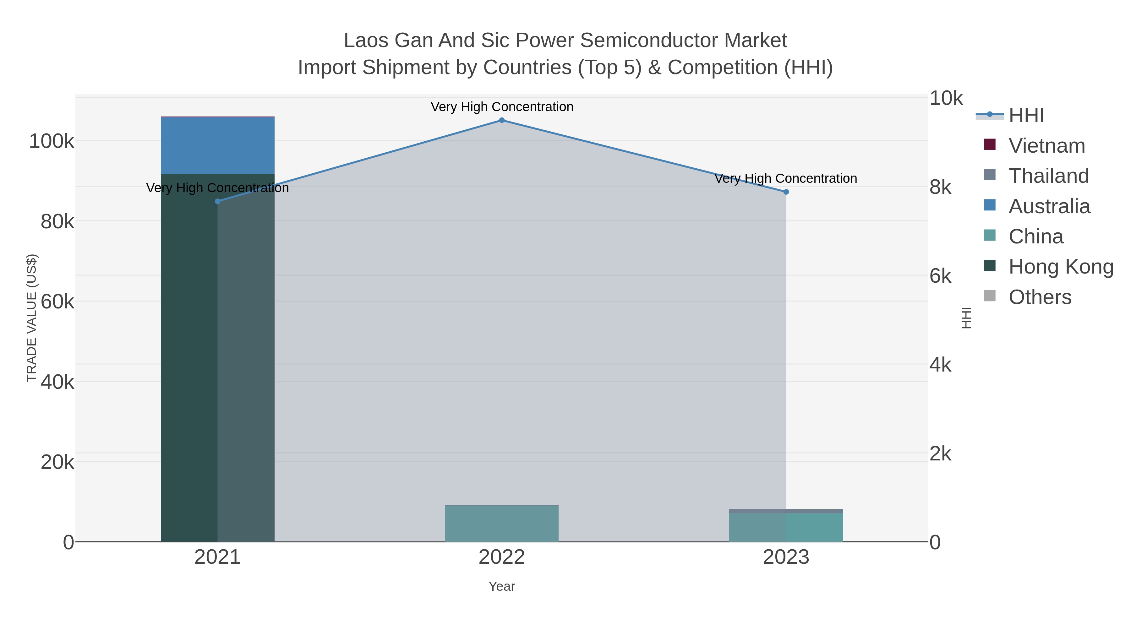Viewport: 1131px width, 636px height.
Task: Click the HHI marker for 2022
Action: point(502,120)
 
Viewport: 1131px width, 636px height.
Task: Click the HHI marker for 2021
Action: point(217,201)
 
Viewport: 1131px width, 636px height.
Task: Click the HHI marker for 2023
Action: point(786,192)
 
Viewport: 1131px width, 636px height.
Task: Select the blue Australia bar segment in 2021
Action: point(217,146)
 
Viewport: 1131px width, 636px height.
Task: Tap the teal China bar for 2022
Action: point(502,523)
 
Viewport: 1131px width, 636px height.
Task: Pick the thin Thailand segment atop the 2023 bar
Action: point(786,511)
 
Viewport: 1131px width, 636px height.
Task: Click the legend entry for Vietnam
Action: point(1047,146)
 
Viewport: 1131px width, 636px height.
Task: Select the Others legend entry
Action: point(1040,297)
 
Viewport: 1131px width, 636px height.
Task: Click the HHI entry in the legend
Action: point(1026,116)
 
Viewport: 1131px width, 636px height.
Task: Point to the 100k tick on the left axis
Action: point(52,141)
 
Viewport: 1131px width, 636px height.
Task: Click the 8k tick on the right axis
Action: point(940,188)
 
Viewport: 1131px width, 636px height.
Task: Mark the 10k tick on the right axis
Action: point(946,98)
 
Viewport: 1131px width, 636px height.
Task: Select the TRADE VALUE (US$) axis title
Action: point(32,318)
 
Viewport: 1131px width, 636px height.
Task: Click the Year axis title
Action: point(502,586)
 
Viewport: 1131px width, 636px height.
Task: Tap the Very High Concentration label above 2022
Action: point(502,107)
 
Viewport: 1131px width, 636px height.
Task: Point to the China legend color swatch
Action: point(990,235)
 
